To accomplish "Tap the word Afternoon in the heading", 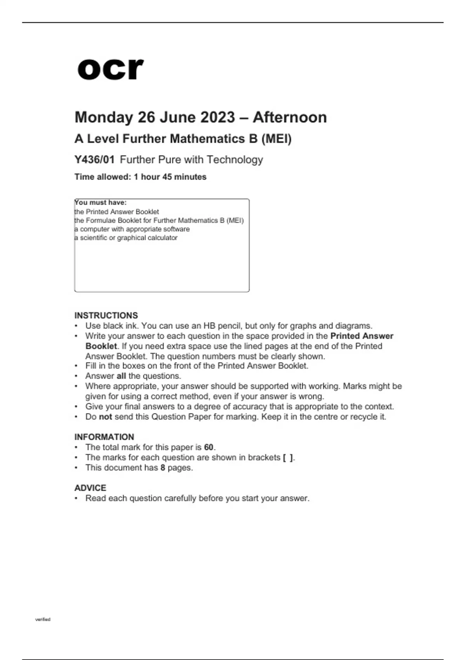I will (x=290, y=117).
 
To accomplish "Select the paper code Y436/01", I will (x=94, y=160).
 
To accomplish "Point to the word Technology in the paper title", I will (x=235, y=160).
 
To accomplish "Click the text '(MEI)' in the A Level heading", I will (x=276, y=139).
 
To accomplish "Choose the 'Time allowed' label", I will (x=103, y=177).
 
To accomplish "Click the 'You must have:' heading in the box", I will (x=101, y=203).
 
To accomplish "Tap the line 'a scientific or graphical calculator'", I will (x=126, y=238).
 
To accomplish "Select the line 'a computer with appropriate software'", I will (x=132, y=229).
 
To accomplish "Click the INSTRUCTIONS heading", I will (x=106, y=315).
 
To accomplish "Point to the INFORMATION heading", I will (x=104, y=437).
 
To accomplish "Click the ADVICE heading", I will (x=90, y=488).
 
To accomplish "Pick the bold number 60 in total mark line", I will (x=209, y=447).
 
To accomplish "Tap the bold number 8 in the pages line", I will (x=163, y=467).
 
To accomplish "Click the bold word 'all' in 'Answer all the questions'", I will (x=121, y=376).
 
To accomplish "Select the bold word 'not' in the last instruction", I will (x=105, y=417).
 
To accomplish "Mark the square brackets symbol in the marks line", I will (x=288, y=457).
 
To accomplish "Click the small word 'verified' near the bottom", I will (x=43, y=619).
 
